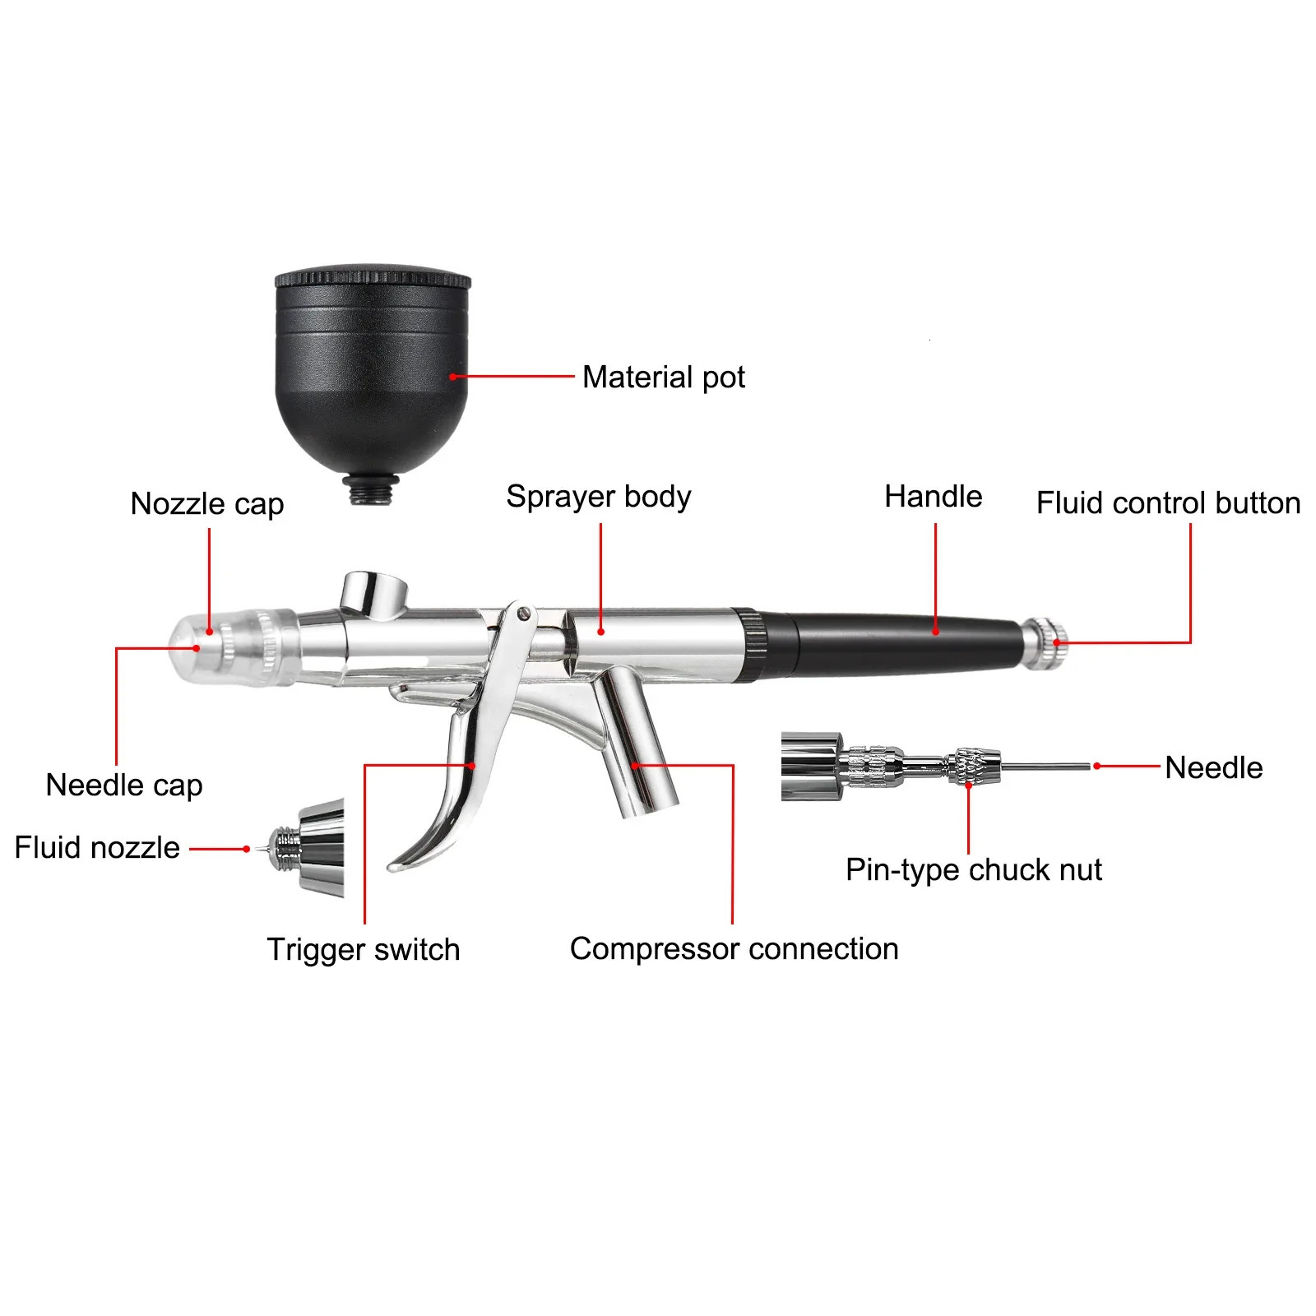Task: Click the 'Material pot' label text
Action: [663, 378]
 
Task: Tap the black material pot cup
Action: [372, 370]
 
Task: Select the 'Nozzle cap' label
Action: [207, 503]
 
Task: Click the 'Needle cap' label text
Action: [124, 785]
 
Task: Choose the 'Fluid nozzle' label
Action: [97, 847]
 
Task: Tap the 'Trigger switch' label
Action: [363, 949]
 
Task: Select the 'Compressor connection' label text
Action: [734, 948]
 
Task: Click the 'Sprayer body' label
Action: [598, 496]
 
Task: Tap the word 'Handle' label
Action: [933, 496]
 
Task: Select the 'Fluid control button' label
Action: [1168, 503]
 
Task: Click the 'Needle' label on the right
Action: [1213, 767]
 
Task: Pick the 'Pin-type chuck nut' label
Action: [973, 869]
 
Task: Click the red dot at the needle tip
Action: [1096, 766]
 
